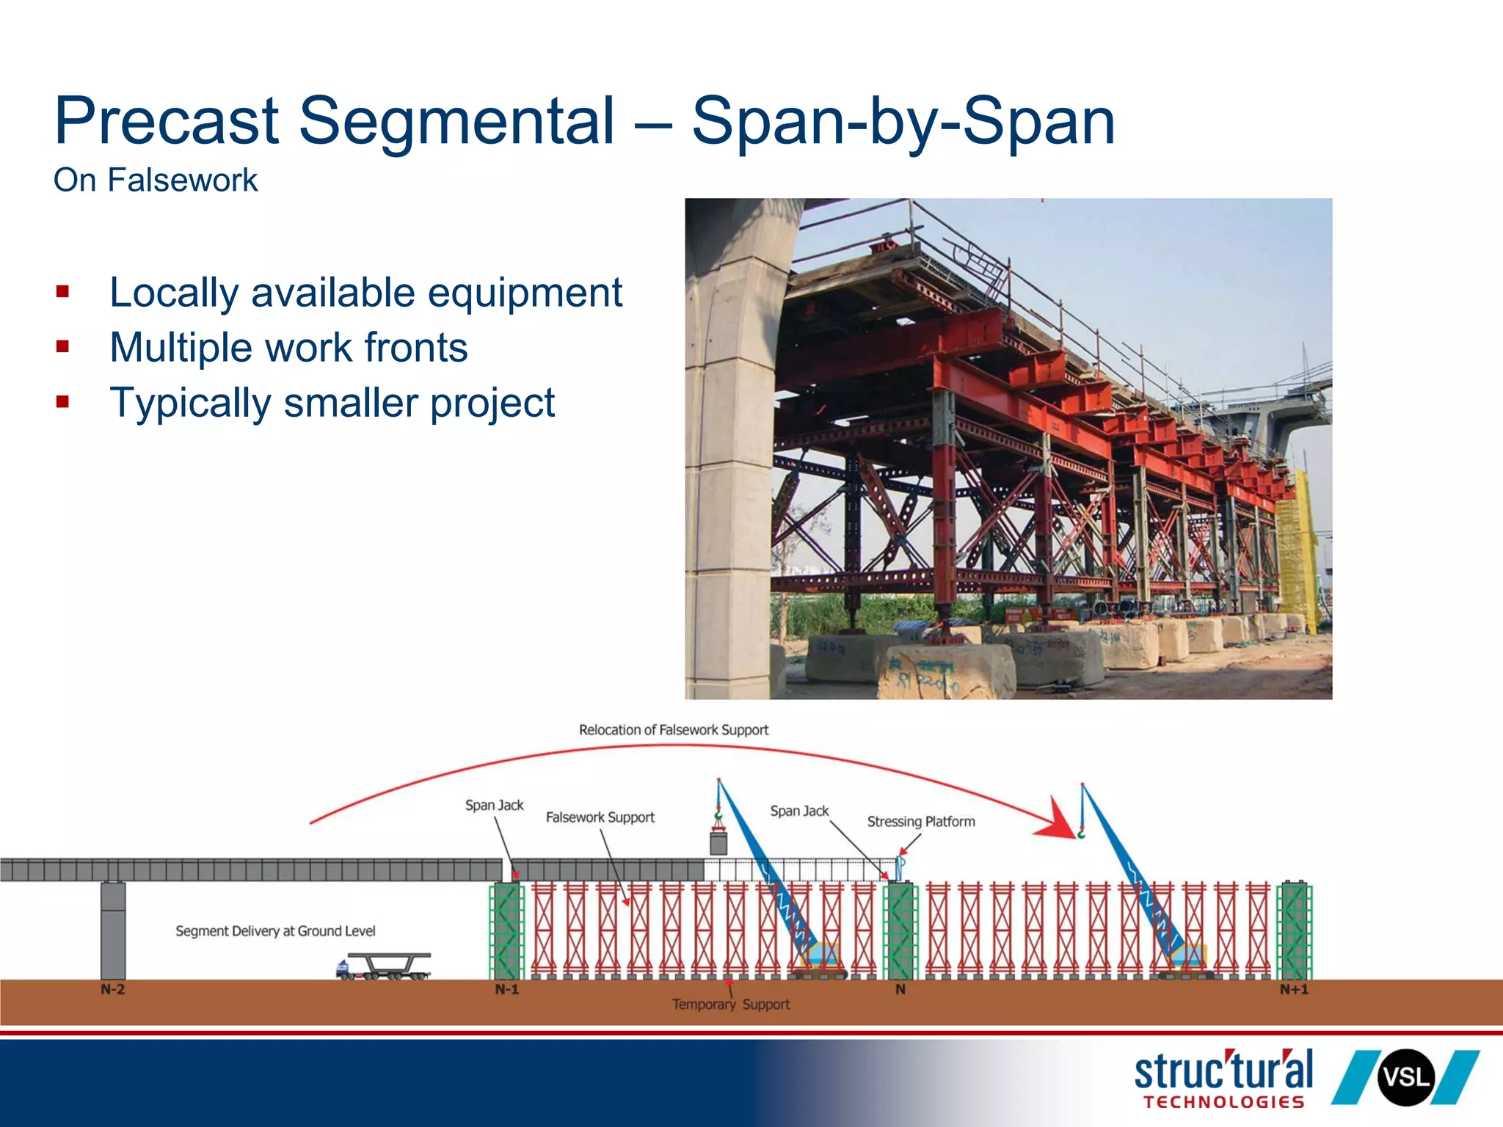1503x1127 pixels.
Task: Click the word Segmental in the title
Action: (456, 122)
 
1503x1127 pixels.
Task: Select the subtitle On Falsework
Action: (156, 180)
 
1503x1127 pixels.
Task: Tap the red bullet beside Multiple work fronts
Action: (62, 346)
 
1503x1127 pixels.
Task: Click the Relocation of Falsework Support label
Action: (674, 730)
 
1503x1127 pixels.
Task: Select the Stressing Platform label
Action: (921, 822)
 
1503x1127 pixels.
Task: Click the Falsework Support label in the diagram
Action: (600, 817)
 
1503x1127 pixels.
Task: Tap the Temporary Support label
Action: (731, 1004)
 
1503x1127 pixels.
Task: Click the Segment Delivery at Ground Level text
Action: (275, 931)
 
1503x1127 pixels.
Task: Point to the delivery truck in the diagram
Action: (383, 966)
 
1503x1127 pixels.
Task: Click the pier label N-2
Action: (113, 990)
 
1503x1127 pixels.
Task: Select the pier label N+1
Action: (1294, 990)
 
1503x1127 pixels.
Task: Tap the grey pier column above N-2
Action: (113, 930)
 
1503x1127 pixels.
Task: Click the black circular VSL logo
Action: (1405, 1078)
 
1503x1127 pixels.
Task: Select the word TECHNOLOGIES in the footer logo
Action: (1223, 1102)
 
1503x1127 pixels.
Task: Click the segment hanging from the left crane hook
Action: (718, 842)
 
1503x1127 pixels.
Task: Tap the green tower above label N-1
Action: (507, 931)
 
